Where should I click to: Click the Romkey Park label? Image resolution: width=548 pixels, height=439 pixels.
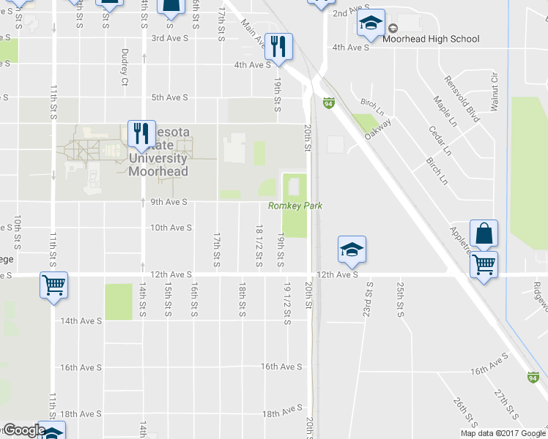[x=295, y=206]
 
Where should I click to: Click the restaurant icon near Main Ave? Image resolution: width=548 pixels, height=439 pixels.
[x=278, y=46]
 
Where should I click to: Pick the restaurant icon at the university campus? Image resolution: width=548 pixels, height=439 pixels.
[x=141, y=132]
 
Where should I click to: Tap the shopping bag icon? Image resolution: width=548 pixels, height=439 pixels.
[x=484, y=233]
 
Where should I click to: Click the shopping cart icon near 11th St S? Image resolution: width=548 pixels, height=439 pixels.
[x=54, y=285]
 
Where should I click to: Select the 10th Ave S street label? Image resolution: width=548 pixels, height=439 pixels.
[x=171, y=228]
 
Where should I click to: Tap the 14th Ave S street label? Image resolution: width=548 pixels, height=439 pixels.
[x=80, y=320]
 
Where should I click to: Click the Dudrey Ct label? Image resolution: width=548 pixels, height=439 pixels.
[x=125, y=65]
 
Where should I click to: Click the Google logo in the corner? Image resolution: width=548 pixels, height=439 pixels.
[x=23, y=430]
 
